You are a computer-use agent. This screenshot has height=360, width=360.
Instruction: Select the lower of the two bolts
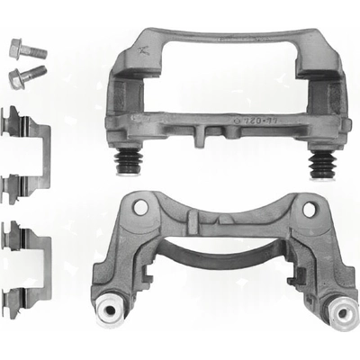pyautogui.click(x=27, y=76)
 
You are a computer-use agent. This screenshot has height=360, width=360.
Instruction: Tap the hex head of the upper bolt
pyautogui.click(x=18, y=45)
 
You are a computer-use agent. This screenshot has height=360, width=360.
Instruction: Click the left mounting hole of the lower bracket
pyautogui.click(x=139, y=207)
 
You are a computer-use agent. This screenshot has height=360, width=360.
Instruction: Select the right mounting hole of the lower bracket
pyautogui.click(x=310, y=209)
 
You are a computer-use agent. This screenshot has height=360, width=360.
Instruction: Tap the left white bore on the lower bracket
pyautogui.click(x=111, y=311)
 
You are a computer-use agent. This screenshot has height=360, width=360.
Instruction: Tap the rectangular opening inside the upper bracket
pyautogui.click(x=221, y=81)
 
